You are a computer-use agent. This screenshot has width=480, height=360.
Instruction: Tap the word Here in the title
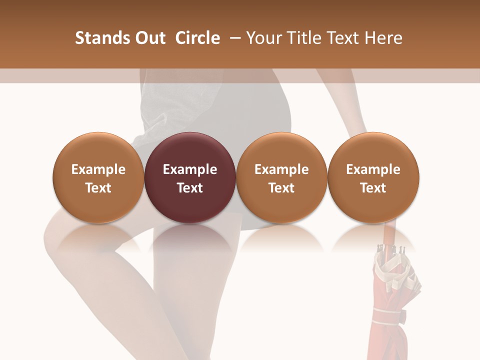click(384, 38)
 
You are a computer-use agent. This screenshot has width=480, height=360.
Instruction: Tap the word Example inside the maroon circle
click(190, 169)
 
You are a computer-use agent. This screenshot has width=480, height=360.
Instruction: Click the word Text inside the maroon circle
click(190, 188)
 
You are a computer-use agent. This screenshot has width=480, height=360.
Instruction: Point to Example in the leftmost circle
click(98, 169)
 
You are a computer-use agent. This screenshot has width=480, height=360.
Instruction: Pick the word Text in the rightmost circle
click(373, 188)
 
